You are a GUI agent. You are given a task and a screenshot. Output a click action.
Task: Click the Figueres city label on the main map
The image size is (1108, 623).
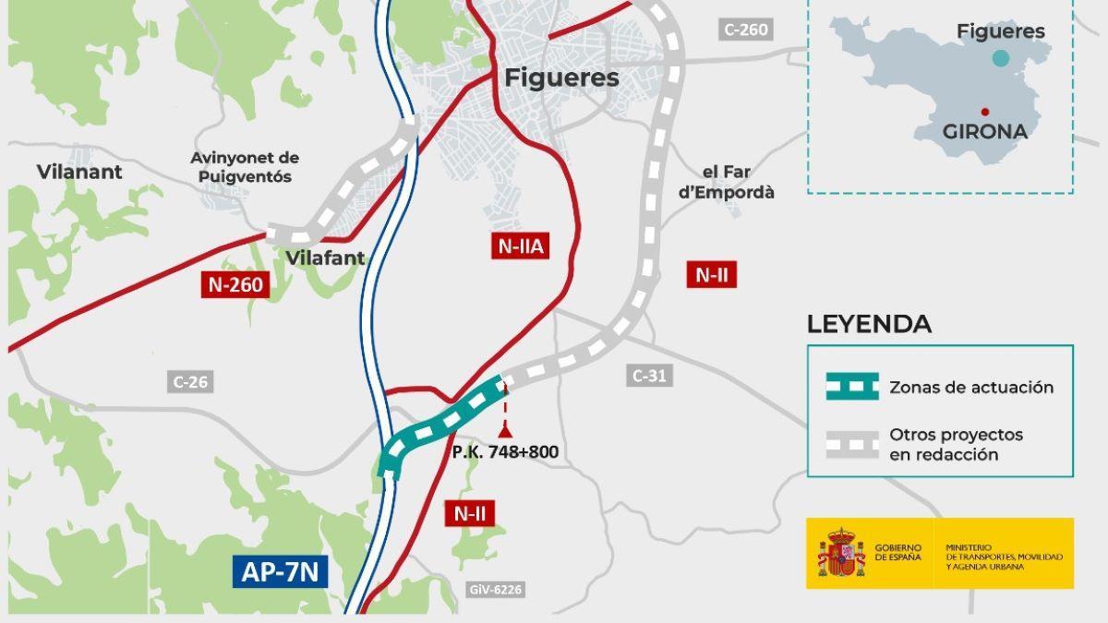561,78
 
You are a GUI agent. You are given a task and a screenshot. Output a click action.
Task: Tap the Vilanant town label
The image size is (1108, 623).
79,172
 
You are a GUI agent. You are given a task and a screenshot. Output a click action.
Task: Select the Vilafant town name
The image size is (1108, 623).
325,258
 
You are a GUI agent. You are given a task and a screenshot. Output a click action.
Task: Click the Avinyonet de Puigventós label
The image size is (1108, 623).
245,167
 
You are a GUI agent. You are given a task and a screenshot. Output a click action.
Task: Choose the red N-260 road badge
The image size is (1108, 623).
235,284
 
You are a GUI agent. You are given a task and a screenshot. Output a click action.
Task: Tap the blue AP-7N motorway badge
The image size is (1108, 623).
280,572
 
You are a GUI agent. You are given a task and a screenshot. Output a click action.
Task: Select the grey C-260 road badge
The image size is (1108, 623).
745,30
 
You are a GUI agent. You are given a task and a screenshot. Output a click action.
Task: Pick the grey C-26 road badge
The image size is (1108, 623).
191,381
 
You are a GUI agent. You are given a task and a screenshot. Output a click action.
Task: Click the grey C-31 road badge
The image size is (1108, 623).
649,376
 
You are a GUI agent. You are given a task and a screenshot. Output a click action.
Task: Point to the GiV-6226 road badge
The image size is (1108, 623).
495,589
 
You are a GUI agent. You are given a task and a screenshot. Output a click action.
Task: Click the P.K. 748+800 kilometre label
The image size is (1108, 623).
505,452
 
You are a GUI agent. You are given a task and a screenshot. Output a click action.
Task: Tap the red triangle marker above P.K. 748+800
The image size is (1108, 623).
505,429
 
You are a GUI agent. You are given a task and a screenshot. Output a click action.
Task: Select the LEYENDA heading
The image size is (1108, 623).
869,325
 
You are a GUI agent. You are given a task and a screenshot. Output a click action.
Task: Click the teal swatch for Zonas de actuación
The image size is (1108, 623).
852,388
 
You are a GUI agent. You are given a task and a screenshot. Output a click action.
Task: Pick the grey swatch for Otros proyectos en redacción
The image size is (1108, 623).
852,444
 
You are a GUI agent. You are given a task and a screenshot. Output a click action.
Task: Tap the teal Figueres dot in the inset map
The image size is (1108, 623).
1000,58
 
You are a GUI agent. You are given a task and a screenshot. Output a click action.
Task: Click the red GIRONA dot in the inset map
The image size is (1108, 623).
985,112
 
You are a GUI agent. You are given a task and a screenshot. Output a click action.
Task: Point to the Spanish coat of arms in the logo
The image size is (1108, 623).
839,554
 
